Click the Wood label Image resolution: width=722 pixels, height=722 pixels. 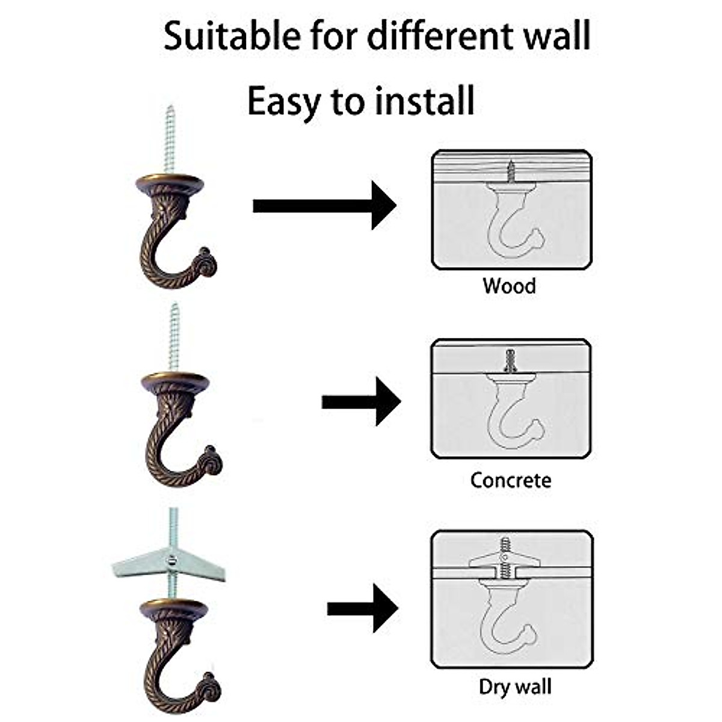[509, 286]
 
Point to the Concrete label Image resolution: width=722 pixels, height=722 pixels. [510, 480]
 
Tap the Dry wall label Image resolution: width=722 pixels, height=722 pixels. [515, 687]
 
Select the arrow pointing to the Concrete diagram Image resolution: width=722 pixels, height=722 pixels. [361, 401]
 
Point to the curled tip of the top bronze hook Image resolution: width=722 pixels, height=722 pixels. [207, 264]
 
